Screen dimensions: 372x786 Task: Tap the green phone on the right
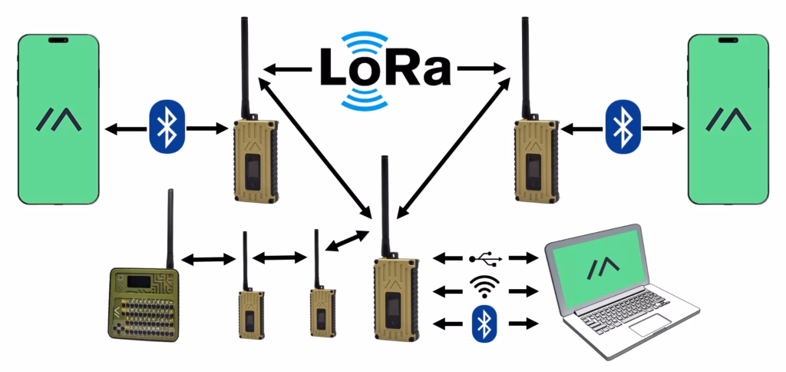click(x=728, y=119)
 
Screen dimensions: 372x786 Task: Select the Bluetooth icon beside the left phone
click(x=166, y=127)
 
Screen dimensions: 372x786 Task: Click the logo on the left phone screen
click(x=59, y=119)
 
